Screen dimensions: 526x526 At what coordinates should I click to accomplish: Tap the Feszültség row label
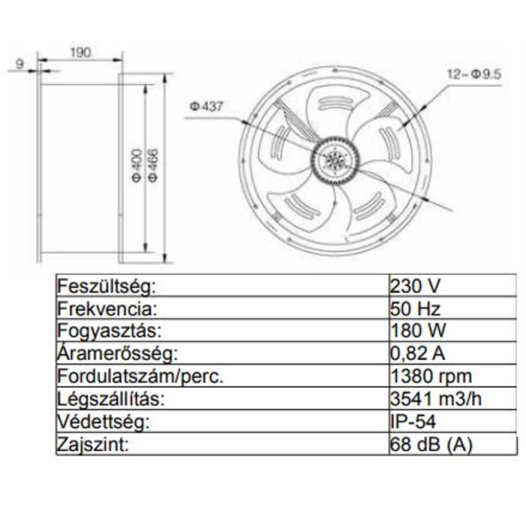point(106,287)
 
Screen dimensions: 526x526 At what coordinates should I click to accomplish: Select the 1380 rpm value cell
point(431,376)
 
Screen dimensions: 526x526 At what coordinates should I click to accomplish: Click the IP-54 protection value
point(412,422)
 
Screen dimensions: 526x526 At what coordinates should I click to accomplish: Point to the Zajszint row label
point(93,445)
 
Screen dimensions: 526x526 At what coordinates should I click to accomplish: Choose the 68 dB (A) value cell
point(431,445)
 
